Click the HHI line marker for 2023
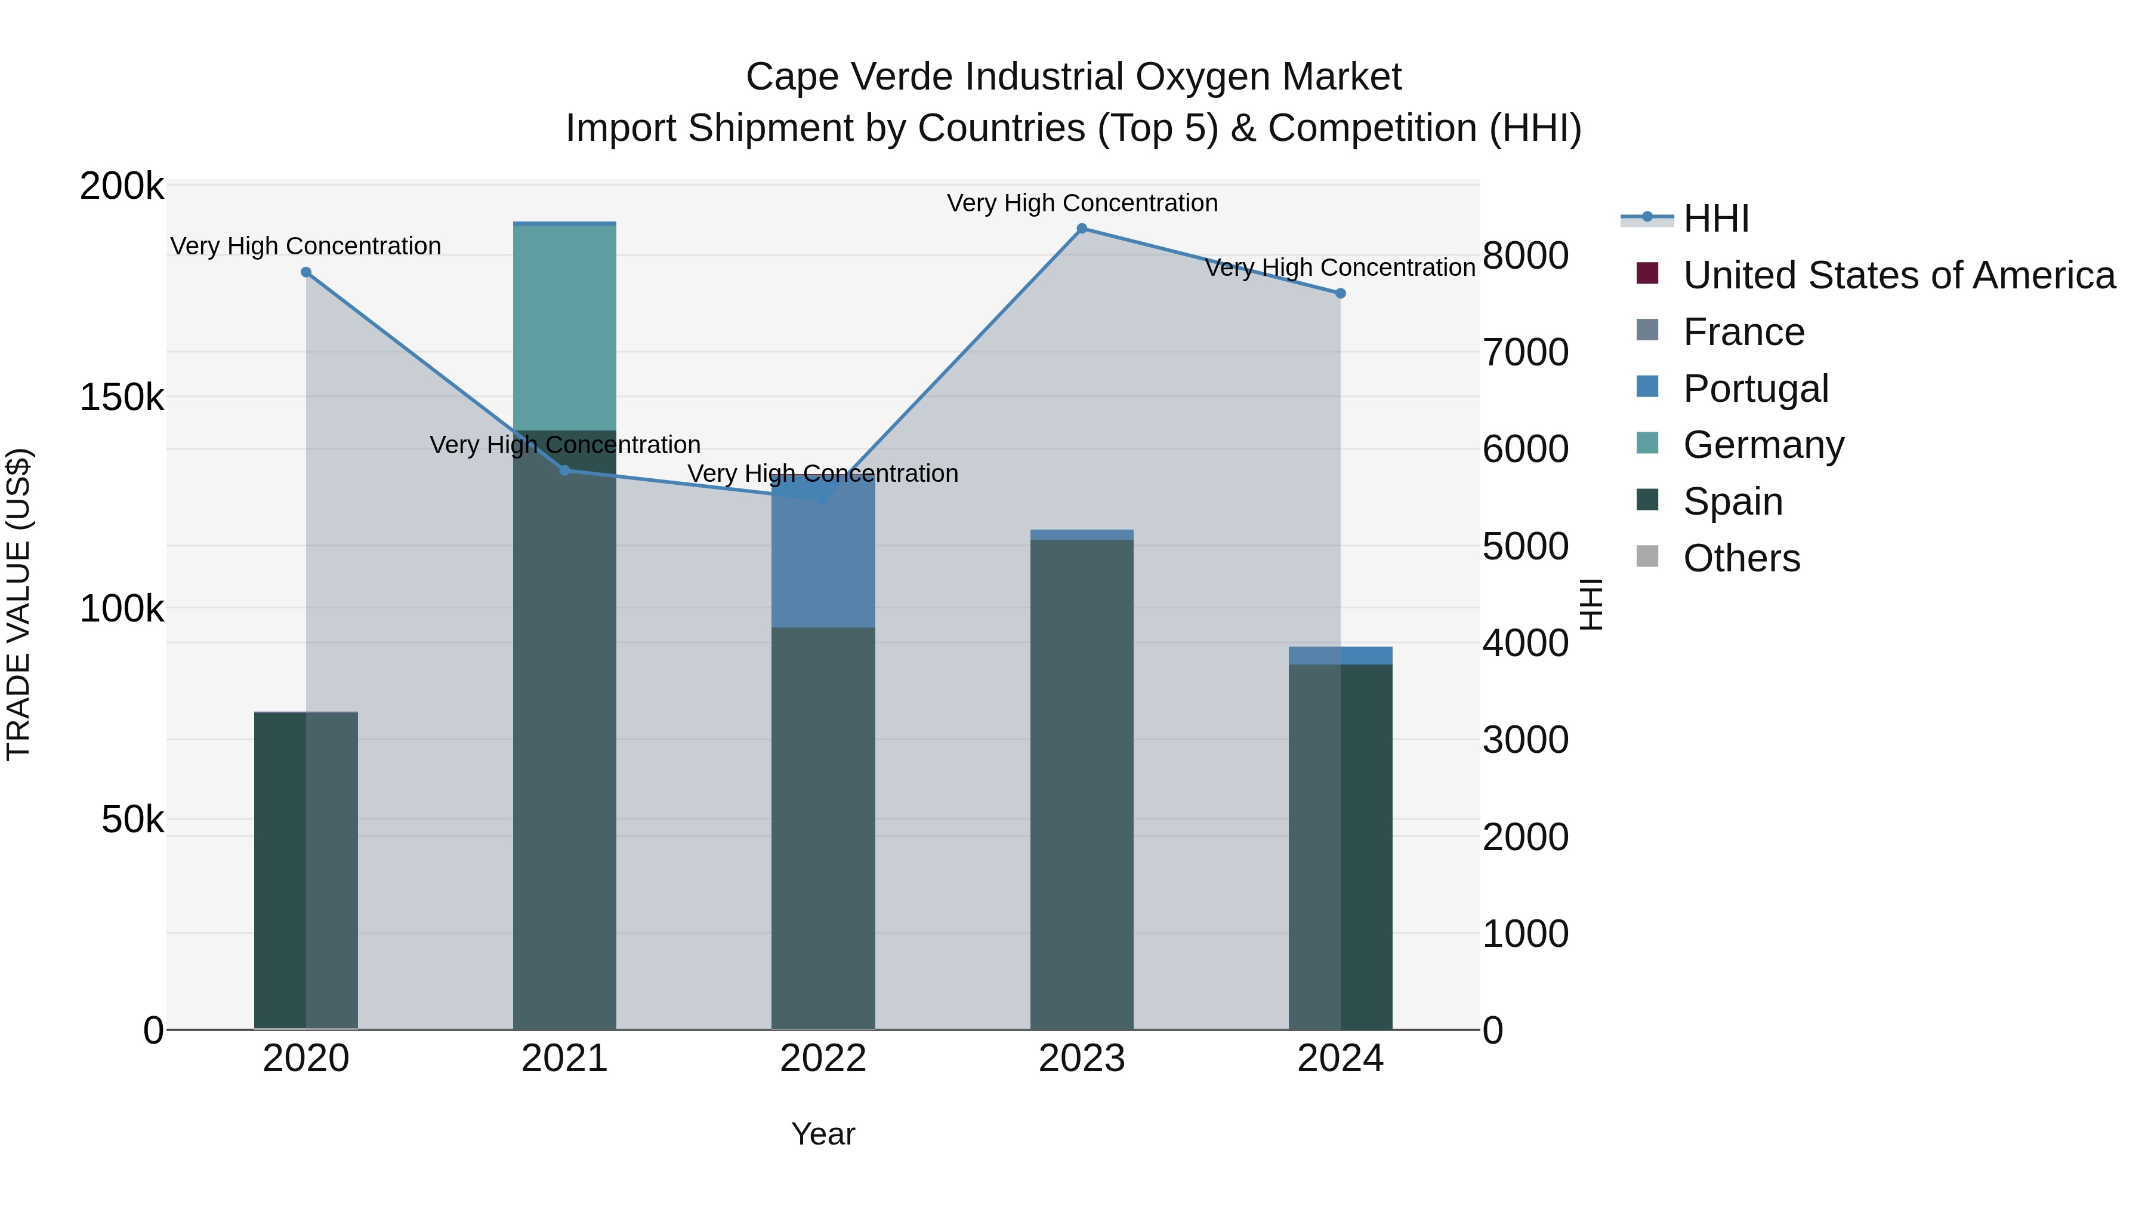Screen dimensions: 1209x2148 (1082, 229)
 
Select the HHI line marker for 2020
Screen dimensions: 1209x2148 (306, 273)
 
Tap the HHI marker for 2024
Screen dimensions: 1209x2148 (1340, 294)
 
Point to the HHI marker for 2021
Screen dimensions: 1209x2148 (564, 470)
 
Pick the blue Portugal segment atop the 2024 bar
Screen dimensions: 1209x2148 (1340, 656)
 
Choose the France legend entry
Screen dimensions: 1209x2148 (1743, 332)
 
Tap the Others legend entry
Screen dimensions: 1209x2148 (1741, 558)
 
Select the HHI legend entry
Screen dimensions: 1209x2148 (1715, 219)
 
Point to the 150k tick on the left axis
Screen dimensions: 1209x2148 (122, 398)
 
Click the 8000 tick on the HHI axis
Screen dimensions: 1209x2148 (1525, 256)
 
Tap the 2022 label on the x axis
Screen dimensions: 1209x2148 (823, 1059)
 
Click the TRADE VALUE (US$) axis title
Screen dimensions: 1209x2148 (18, 604)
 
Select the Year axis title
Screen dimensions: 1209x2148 (823, 1134)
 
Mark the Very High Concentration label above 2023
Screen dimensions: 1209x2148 (1082, 203)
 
